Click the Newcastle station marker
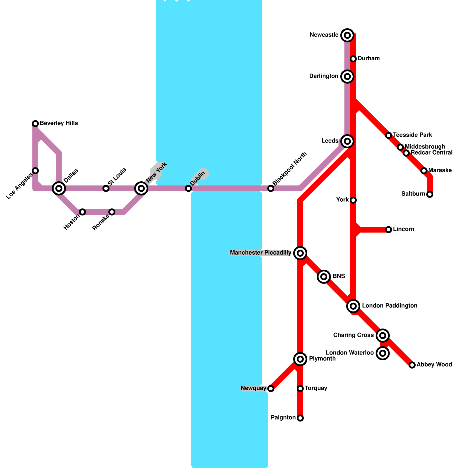point(347,35)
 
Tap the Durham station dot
point(353,59)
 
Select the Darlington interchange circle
point(347,77)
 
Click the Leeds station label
point(330,141)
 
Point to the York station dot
point(353,200)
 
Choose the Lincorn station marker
point(389,230)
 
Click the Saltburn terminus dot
point(430,194)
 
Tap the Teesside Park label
point(412,135)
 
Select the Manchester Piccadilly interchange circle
point(300,253)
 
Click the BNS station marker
point(324,277)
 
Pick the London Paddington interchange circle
point(353,306)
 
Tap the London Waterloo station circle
point(383,353)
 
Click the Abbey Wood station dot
point(412,365)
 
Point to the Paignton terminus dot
point(300,418)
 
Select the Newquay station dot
point(271,389)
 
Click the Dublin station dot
point(188,188)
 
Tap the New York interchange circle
point(141,188)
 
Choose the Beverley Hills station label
point(59,123)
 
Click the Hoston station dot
point(82,212)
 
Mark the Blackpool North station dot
point(271,188)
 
